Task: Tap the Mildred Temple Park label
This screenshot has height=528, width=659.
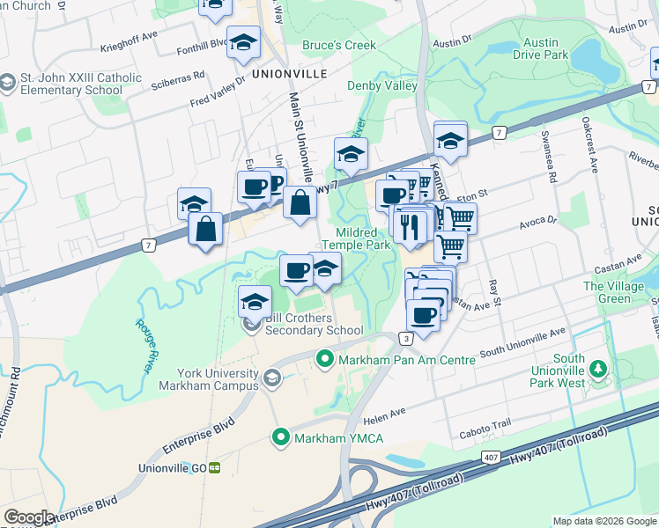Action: point(362,239)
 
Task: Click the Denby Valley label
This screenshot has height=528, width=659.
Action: point(381,85)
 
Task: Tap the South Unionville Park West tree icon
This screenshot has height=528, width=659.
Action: point(599,368)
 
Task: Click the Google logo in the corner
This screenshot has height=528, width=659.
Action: point(29,517)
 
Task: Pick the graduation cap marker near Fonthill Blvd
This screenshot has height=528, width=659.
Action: point(243,41)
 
